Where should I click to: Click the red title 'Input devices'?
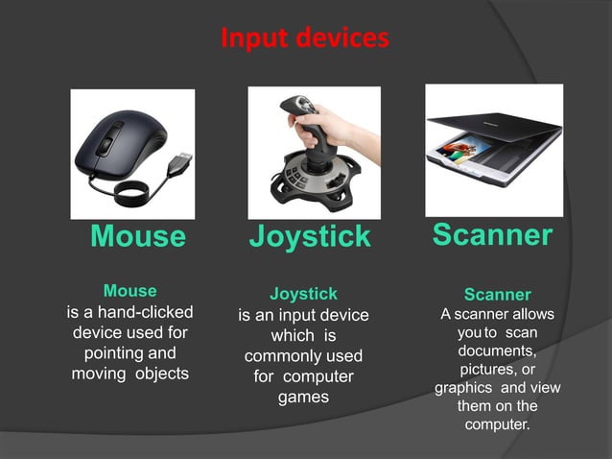point(304,38)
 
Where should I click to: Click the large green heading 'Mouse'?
point(137,236)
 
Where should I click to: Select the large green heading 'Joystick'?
point(309,236)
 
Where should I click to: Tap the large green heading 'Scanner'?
point(492,234)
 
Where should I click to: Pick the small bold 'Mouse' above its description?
point(129,290)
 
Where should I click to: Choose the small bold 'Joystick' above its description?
point(303,294)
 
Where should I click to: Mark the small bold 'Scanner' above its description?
point(497,295)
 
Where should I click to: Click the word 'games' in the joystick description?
point(303,397)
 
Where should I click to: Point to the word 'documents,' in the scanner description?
point(496,350)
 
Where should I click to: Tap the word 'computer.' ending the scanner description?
point(497,424)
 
